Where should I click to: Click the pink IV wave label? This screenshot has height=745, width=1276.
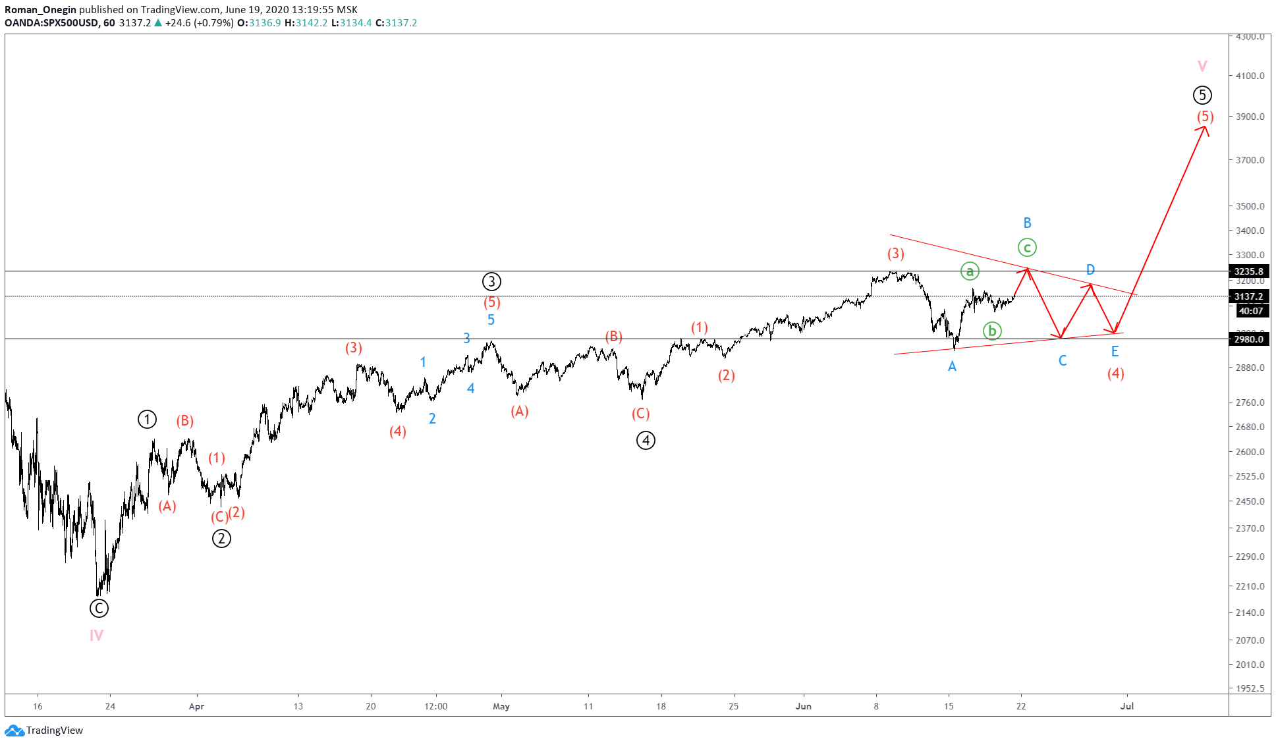click(x=96, y=636)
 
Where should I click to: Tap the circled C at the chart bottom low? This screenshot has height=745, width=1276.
click(x=99, y=608)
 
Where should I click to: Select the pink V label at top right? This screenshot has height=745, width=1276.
click(x=1202, y=66)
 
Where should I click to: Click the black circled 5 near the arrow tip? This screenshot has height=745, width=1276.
click(x=1202, y=96)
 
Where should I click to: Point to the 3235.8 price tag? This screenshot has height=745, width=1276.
click(x=1248, y=271)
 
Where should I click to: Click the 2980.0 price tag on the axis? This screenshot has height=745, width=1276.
click(x=1248, y=339)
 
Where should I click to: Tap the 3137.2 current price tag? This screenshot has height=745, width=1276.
click(x=1248, y=296)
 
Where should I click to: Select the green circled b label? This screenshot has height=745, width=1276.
click(x=992, y=331)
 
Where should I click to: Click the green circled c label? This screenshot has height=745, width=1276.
click(x=1027, y=248)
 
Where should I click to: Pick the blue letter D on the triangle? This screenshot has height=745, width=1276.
click(x=1090, y=269)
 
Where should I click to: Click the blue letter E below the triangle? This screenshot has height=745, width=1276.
click(x=1115, y=351)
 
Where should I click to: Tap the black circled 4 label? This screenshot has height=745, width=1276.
click(x=646, y=441)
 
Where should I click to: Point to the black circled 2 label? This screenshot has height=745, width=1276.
click(x=221, y=539)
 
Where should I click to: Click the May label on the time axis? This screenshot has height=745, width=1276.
click(x=501, y=706)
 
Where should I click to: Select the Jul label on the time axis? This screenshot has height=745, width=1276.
click(x=1127, y=706)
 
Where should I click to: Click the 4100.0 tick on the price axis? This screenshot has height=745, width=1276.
click(x=1250, y=76)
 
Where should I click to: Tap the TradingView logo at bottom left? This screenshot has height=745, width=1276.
click(x=44, y=730)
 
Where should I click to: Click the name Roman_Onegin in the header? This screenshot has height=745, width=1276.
click(x=40, y=9)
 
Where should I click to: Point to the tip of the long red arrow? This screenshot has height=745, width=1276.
click(x=1206, y=126)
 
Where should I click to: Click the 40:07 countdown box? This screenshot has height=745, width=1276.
click(x=1250, y=311)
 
